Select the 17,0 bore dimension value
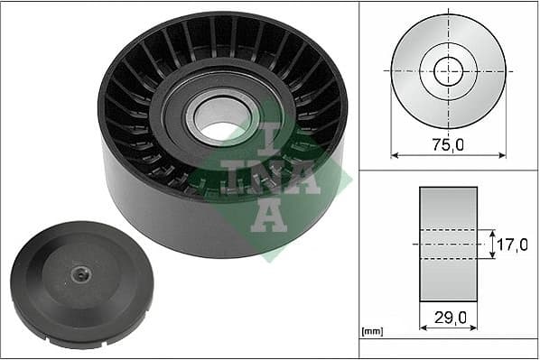(512, 244)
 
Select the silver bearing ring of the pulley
(196, 111)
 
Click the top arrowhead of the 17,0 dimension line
(493, 231)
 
